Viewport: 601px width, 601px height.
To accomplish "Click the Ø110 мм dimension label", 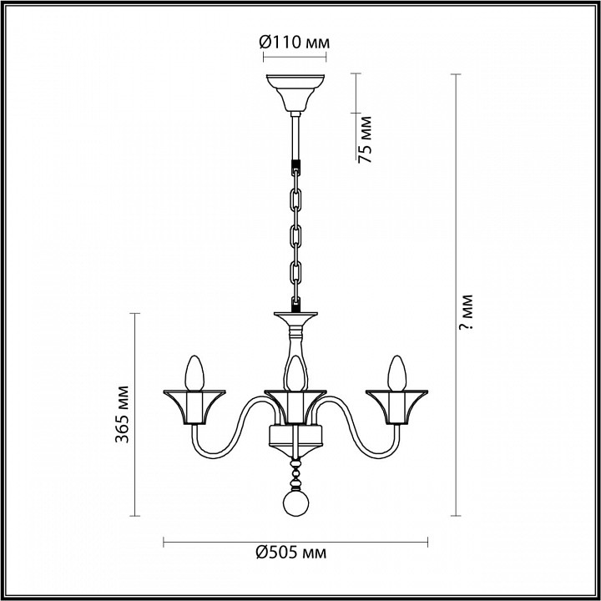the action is [294, 43].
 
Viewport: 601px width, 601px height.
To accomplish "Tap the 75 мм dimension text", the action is [365, 139].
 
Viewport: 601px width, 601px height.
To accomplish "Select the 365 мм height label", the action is [122, 414].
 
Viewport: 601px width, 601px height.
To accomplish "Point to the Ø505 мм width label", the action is [291, 553].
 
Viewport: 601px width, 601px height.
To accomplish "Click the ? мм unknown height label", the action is [467, 312].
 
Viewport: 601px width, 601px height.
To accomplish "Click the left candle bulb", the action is [194, 373].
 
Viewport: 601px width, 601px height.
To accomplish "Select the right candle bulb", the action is [396, 373].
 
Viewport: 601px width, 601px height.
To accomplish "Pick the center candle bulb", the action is [295, 373].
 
